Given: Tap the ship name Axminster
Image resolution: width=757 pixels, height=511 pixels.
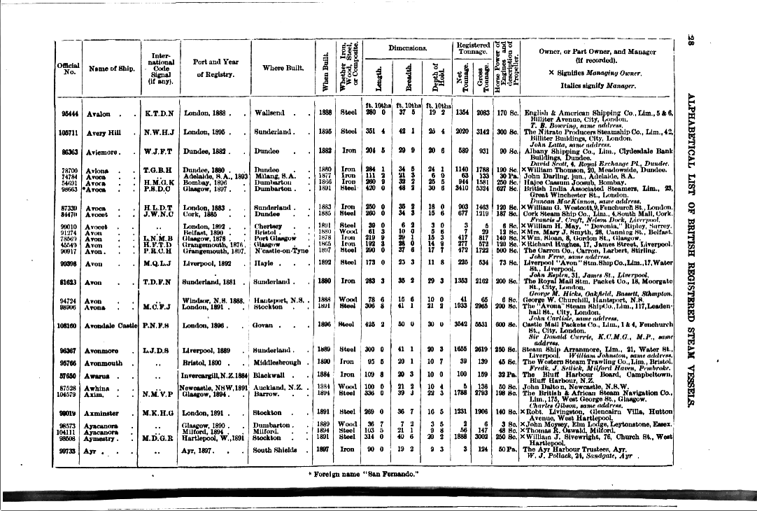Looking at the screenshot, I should (104, 413).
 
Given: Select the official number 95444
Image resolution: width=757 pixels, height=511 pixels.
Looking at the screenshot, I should (69, 113).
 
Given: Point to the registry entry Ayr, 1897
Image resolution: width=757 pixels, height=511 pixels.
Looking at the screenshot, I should (201, 451).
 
